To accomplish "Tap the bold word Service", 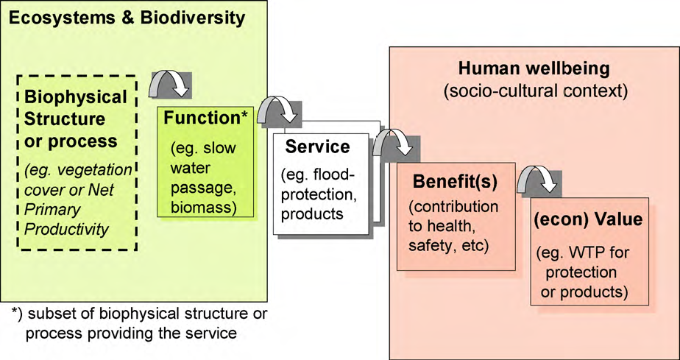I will pyautogui.click(x=318, y=147).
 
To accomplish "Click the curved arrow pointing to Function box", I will pyautogui.click(x=171, y=83).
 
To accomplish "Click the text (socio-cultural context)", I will pyautogui.click(x=534, y=92).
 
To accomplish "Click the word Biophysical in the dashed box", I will pyautogui.click(x=76, y=97).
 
